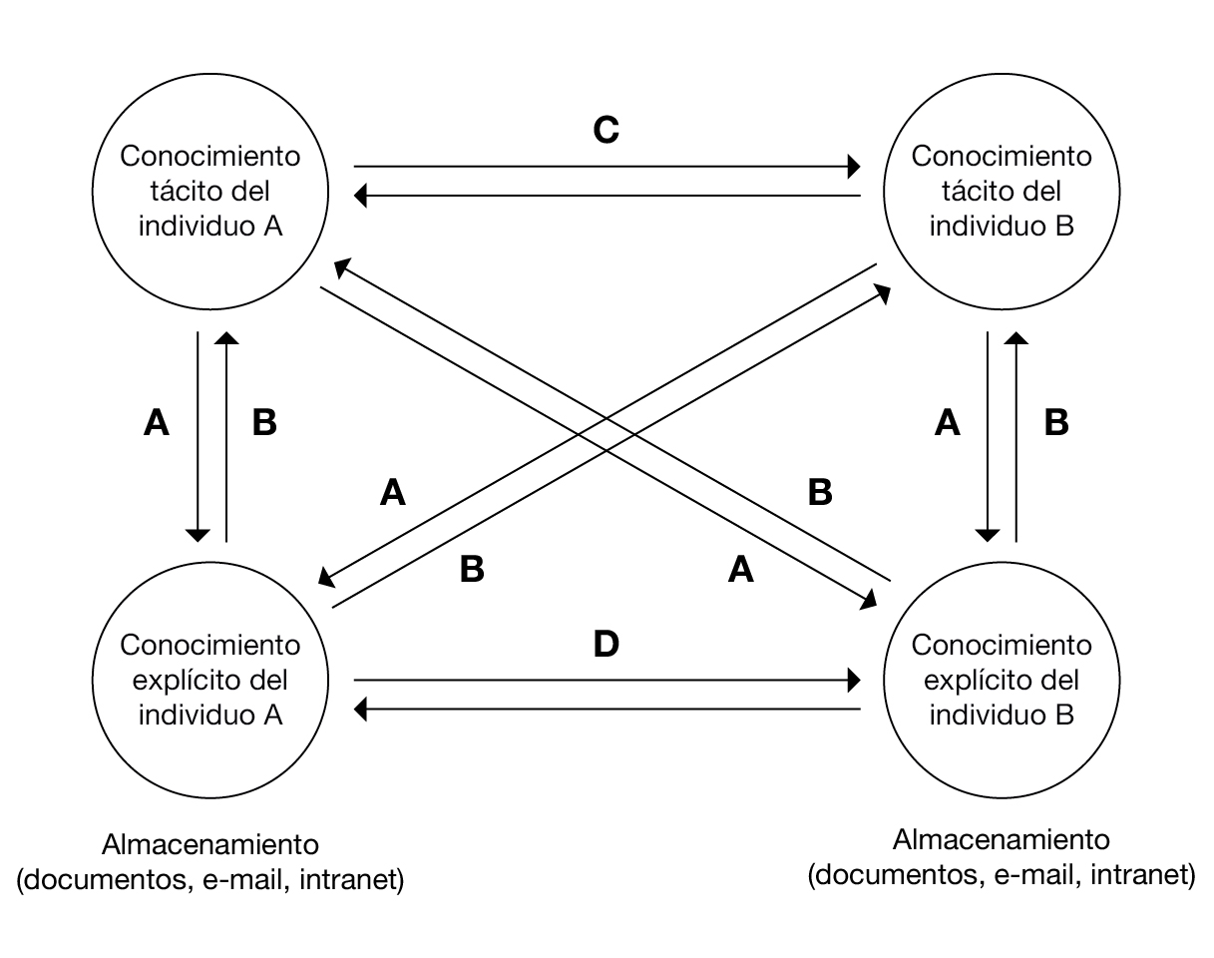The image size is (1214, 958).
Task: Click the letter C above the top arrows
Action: click(607, 130)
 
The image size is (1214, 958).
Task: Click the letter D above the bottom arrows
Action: click(607, 645)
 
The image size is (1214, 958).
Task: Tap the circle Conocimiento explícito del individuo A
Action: click(210, 680)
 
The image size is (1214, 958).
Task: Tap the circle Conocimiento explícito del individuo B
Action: click(1002, 680)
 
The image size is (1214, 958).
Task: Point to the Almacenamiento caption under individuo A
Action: click(210, 845)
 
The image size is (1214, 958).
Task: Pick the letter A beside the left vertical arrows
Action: click(157, 424)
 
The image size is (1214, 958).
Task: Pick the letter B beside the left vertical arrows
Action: click(264, 424)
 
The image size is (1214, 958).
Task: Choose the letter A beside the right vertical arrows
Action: click(948, 424)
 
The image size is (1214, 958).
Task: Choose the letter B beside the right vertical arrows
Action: click(1055, 424)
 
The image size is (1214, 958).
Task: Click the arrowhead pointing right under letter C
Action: click(854, 165)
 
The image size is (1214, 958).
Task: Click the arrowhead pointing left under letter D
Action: click(362, 710)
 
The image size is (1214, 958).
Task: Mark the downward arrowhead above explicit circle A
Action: click(199, 534)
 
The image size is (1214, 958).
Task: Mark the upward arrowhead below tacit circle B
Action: click(1015, 339)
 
